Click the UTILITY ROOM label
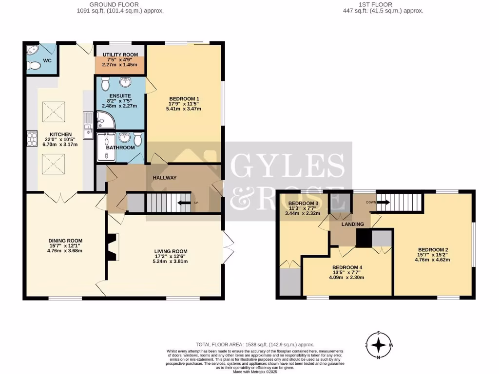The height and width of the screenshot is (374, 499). click(x=120, y=55)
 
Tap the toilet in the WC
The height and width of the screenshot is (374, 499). click(x=33, y=66)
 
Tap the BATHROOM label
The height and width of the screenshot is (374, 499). click(x=120, y=148)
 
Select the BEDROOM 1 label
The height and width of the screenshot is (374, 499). click(x=184, y=98)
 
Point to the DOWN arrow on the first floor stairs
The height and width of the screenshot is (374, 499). click(x=381, y=202)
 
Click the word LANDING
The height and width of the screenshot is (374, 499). click(x=353, y=224)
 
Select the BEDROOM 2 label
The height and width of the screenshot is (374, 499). click(x=432, y=250)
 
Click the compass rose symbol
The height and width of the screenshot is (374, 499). click(x=378, y=346)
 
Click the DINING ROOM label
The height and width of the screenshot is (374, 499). click(x=65, y=241)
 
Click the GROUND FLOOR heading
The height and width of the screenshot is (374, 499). click(x=119, y=4)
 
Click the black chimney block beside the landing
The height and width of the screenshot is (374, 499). click(x=363, y=238)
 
